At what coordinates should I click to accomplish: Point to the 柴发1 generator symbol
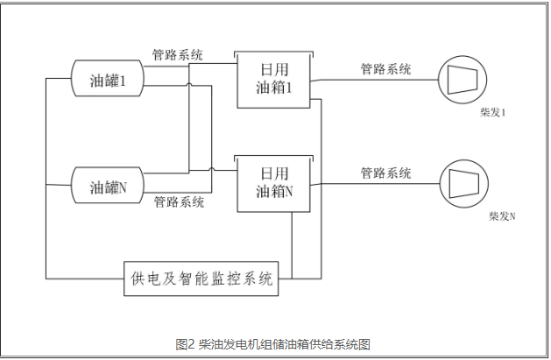(x=461, y=80)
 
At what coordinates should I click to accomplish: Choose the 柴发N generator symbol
(x=461, y=183)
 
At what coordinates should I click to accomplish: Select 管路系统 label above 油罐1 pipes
(x=178, y=55)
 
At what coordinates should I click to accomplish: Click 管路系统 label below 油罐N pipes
(x=180, y=202)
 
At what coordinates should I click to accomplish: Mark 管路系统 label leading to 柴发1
(x=385, y=68)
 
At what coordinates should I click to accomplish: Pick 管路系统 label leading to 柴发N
(x=385, y=172)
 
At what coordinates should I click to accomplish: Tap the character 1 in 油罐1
(x=125, y=81)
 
